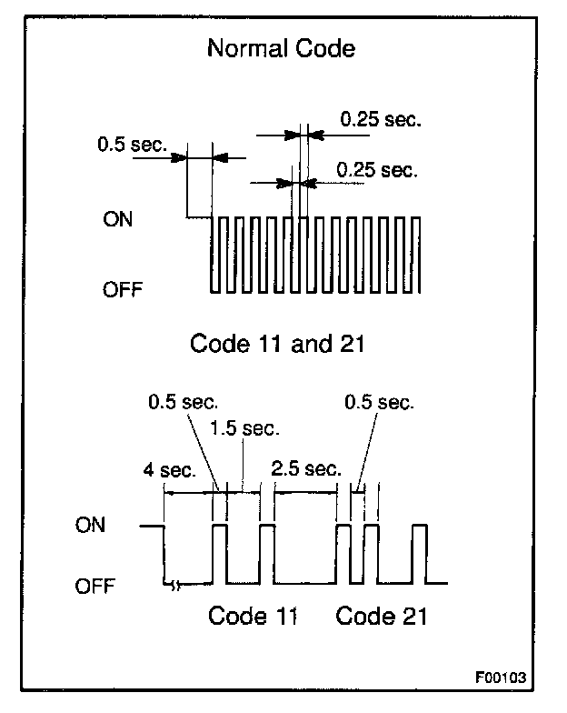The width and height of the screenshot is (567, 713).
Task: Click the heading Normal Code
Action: pyautogui.click(x=281, y=47)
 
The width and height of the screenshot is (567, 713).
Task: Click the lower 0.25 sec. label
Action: pyautogui.click(x=376, y=169)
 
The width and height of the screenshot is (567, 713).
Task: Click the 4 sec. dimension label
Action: pyautogui.click(x=169, y=470)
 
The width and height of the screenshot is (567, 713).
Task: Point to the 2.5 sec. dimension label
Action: pyautogui.click(x=306, y=469)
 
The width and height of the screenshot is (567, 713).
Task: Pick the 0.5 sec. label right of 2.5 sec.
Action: pyautogui.click(x=382, y=401)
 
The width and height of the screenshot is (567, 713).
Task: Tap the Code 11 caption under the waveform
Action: pyautogui.click(x=253, y=616)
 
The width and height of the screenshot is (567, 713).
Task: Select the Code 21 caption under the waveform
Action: pyautogui.click(x=382, y=616)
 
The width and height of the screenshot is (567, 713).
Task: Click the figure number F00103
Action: pyautogui.click(x=500, y=678)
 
